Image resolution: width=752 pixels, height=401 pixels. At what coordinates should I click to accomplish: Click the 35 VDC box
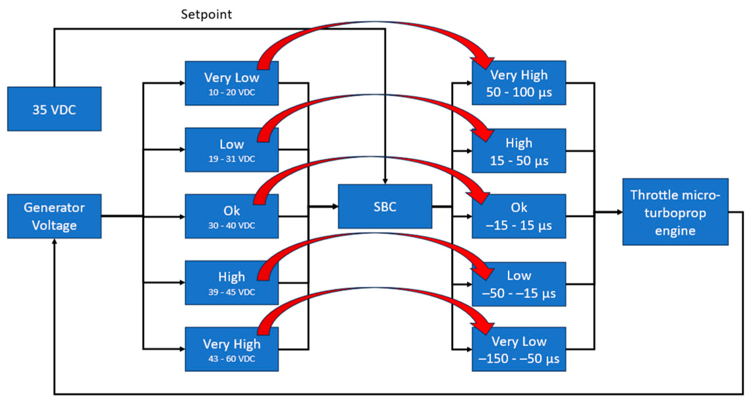coord(54,109)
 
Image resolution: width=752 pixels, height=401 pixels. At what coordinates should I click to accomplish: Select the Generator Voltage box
coord(54,216)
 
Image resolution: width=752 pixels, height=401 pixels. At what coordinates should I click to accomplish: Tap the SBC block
coord(385,206)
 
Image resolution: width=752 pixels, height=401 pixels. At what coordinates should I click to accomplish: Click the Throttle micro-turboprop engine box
coord(675,212)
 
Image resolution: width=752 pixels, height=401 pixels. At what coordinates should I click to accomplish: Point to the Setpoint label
coord(206,15)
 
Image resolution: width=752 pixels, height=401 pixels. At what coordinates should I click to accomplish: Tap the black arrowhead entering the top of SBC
coord(385,181)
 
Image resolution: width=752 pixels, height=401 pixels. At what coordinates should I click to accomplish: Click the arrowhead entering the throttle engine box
coord(620,212)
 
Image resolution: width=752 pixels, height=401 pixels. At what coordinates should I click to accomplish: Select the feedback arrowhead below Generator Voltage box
coord(54,242)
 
